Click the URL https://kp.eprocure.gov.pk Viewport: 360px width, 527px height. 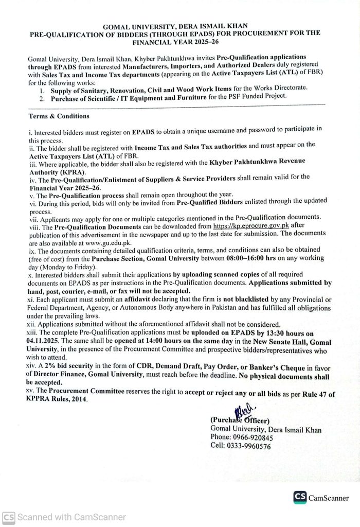click(x=244, y=225)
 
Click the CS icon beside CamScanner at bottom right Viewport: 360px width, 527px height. click(x=300, y=497)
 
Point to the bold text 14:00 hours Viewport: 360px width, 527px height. click(x=151, y=342)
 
